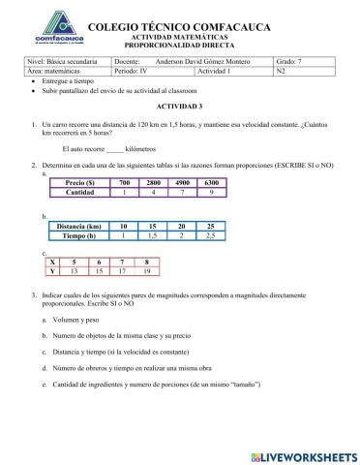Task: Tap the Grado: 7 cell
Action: [308, 61]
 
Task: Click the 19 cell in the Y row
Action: [146, 271]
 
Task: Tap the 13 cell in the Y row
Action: [74, 271]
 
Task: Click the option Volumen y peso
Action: [78, 319]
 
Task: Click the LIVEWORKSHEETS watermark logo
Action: [304, 455]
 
